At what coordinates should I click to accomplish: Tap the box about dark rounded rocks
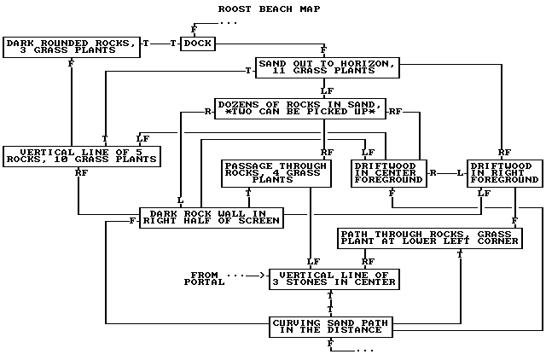(x=72, y=46)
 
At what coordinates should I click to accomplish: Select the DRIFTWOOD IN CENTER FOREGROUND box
(x=389, y=173)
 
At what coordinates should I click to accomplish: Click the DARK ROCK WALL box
(x=212, y=218)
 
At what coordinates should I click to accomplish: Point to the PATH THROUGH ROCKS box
(x=429, y=237)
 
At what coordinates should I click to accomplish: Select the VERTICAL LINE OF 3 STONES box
(x=333, y=279)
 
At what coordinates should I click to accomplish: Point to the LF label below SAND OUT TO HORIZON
(x=327, y=90)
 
